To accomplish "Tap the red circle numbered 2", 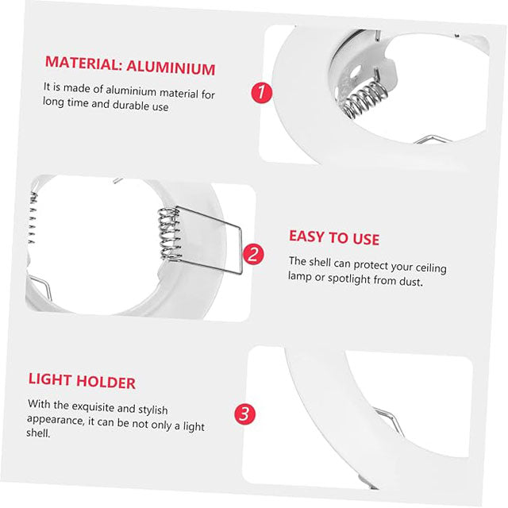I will pyautogui.click(x=252, y=254).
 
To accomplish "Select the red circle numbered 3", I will pyautogui.click(x=244, y=414).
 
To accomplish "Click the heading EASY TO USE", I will pyautogui.click(x=333, y=238).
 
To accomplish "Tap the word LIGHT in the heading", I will pyautogui.click(x=52, y=382).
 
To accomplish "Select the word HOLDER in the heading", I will pyautogui.click(x=109, y=382).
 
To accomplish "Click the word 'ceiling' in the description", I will pyautogui.click(x=429, y=266).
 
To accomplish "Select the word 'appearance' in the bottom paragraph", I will pyautogui.click(x=55, y=418).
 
